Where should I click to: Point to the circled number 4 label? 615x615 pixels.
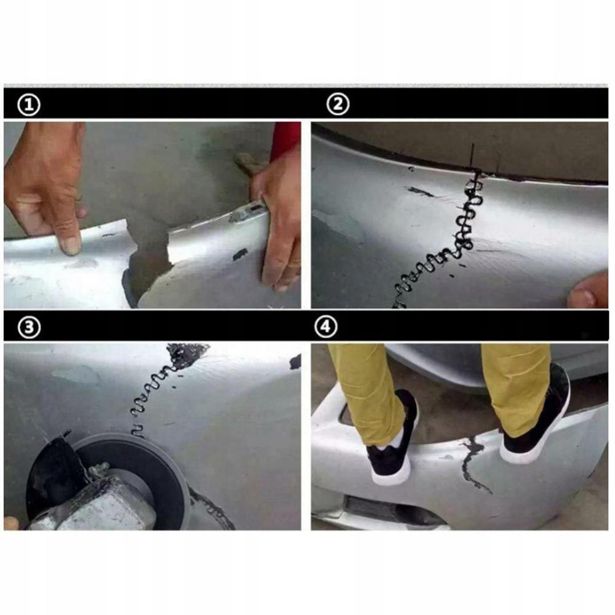327,328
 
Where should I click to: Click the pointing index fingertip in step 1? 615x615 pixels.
69,245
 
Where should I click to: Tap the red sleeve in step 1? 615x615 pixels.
285,139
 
